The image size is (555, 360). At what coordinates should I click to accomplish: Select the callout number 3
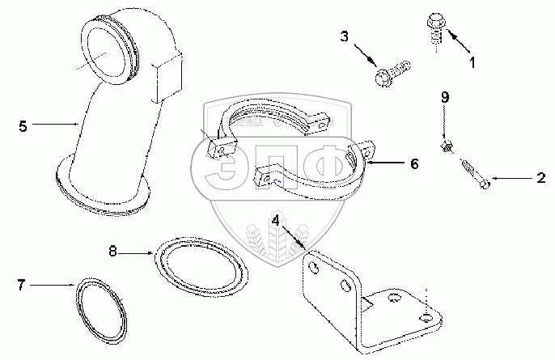click(x=345, y=37)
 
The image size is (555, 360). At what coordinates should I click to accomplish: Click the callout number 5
click(x=23, y=125)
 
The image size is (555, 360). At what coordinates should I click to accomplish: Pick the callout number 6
click(x=413, y=163)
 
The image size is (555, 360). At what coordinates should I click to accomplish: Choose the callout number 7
click(x=22, y=284)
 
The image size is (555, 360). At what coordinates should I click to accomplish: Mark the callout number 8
click(x=113, y=252)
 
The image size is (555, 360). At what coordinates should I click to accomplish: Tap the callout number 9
click(x=443, y=99)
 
